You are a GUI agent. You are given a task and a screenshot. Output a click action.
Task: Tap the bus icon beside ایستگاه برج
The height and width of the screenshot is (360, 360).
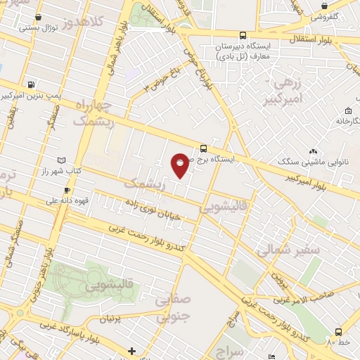[203, 148]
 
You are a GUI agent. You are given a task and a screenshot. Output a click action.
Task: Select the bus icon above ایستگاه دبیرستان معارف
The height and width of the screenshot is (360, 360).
[243, 34]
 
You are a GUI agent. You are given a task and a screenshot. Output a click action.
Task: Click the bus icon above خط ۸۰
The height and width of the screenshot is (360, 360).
[339, 331]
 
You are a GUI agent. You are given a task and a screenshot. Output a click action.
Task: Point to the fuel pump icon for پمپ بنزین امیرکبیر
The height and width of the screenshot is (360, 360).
[31, 84]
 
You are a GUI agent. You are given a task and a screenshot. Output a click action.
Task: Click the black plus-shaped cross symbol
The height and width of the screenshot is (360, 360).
[131, 351]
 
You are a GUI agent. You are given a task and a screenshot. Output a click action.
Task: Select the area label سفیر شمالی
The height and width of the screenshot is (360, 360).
[288, 249]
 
